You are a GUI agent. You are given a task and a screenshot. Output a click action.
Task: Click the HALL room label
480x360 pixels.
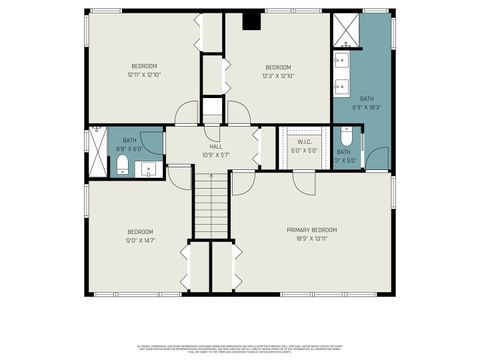coord(214,146)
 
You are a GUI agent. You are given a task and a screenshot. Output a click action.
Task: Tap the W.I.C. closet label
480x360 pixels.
coord(305,141)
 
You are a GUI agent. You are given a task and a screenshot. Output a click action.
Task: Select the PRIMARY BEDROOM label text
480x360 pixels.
coord(311,229)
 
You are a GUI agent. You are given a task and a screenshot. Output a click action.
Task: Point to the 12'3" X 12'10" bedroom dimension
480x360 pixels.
coord(277,75)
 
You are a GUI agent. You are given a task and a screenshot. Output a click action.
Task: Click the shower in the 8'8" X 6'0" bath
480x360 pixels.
coord(97,151)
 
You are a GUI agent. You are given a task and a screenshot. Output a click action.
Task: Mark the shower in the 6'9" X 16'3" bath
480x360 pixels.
coord(345,29)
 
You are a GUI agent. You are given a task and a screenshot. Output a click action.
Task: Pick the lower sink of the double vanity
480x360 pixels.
coord(343,84)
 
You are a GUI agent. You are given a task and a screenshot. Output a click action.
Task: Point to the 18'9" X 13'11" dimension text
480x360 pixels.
coord(311,238)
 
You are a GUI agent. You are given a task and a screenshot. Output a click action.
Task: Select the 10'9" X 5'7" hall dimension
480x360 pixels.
coord(214,155)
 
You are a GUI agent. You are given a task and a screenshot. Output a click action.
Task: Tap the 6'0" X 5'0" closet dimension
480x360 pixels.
coord(305,150)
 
